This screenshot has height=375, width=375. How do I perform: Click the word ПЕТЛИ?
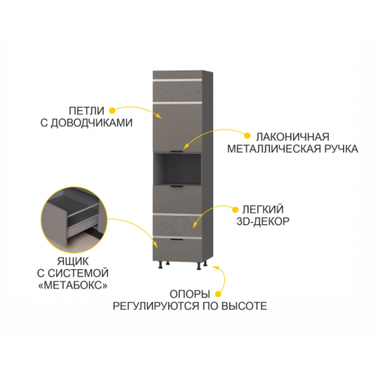tap(86, 111)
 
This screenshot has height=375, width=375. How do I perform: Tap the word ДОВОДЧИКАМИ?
tap(91, 123)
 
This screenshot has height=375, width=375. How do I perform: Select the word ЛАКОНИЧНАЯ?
tap(292, 136)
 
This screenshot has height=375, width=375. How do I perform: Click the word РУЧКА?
tap(341, 148)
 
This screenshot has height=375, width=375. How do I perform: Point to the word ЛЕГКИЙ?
tap(263, 209)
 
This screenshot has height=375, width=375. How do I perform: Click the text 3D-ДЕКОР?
tap(263, 221)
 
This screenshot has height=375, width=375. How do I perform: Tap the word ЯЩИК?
tap(73, 262)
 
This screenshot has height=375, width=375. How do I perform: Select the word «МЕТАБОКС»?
tap(73, 285)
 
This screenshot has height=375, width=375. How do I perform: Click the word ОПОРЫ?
tap(190, 294)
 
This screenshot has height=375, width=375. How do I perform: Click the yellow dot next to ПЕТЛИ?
tap(112, 110)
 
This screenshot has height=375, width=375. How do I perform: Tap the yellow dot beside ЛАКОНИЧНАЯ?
tap(247, 136)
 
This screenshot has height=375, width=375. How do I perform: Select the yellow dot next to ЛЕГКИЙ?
tap(235, 209)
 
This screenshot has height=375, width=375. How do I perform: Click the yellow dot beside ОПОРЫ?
tap(218, 294)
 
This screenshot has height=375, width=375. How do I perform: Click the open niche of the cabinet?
tap(178, 169)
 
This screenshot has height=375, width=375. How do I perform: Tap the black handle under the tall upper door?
tap(177, 151)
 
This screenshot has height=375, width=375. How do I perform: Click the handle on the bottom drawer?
tap(177, 240)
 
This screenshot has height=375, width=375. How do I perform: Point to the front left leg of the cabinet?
tap(160, 265)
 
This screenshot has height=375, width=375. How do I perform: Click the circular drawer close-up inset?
tap(74, 220)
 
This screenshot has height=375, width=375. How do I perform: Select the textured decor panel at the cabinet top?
tap(177, 91)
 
